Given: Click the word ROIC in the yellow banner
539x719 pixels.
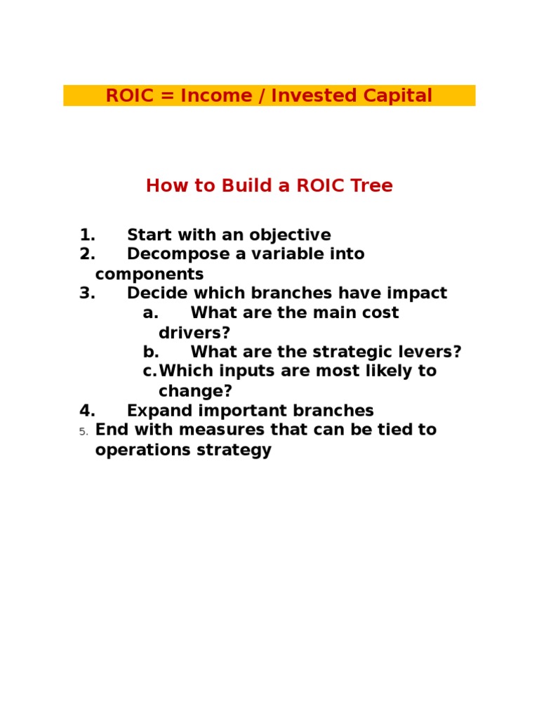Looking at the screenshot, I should [129, 95].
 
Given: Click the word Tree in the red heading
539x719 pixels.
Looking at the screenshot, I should [371, 186].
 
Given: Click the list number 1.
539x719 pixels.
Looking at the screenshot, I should [87, 235].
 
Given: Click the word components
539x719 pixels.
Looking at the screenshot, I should [149, 274].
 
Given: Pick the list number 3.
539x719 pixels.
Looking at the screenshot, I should [87, 293].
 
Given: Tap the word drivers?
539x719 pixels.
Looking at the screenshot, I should [194, 333].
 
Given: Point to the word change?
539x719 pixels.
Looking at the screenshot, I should [195, 391].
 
